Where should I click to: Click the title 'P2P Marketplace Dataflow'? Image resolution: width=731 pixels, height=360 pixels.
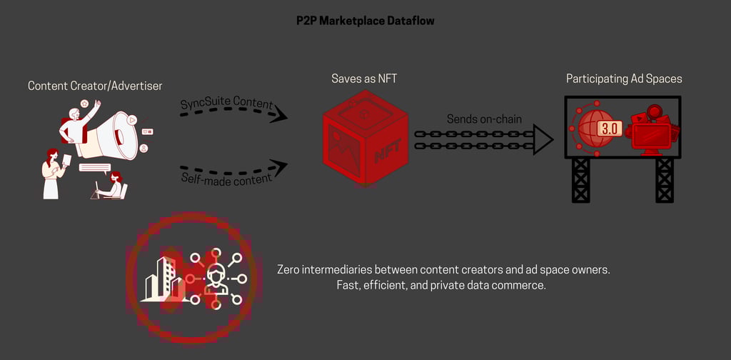365,21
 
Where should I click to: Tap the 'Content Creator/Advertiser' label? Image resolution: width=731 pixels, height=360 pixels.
95,86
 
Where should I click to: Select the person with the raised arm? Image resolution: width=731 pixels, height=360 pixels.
77,124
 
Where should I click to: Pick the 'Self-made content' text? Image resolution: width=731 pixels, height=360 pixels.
226,176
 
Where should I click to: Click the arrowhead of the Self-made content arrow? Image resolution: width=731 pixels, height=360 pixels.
280,168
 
